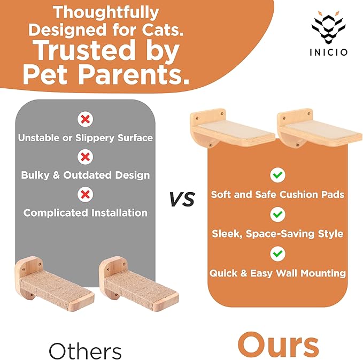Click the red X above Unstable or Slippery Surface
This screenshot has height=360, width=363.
84,119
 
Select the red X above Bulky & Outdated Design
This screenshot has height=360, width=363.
84,157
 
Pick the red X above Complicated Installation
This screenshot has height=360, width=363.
84,194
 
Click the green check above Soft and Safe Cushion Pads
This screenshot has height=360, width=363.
277,175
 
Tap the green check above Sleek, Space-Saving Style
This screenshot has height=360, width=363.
277,215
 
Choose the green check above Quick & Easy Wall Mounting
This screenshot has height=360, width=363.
277,253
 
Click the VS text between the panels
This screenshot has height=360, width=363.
181,200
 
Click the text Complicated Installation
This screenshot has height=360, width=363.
85,212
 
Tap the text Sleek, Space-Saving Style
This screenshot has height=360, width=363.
277,234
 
